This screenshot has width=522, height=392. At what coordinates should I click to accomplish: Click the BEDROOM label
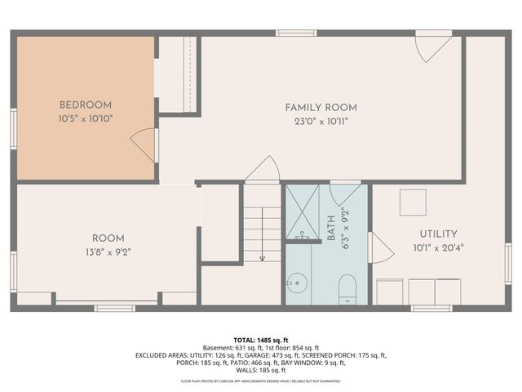(x=86, y=105)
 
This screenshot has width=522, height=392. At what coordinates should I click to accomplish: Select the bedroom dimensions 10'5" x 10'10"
(x=86, y=118)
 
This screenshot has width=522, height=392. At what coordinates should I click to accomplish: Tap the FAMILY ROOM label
(x=321, y=108)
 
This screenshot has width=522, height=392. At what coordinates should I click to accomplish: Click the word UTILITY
(x=438, y=234)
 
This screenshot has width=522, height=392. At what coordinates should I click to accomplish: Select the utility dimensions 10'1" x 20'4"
(x=438, y=247)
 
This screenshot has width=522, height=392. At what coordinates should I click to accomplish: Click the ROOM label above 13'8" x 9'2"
(x=108, y=239)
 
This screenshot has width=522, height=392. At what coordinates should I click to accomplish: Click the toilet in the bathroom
(x=347, y=288)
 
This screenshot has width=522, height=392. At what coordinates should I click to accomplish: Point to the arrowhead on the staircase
(x=262, y=257)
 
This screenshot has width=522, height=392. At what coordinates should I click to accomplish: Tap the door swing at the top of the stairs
(x=263, y=170)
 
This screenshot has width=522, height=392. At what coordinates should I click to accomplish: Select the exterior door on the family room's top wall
(x=431, y=46)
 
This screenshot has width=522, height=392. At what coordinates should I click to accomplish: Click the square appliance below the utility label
(x=412, y=202)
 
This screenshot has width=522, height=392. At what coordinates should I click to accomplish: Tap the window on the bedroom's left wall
(x=13, y=128)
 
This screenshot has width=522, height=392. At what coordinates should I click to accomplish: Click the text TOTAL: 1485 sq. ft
(x=261, y=340)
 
